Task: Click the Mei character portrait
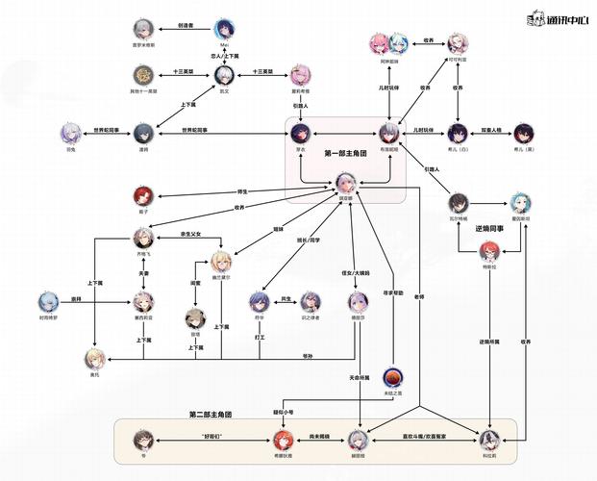coord(224,28)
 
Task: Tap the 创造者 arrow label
coord(187,28)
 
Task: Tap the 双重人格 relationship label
coord(493,127)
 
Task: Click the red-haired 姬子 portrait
coord(142,197)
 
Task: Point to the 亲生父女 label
coord(194,234)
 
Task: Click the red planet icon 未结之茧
coord(391,375)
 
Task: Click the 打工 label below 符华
coord(259,338)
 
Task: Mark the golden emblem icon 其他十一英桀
coord(142,74)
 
